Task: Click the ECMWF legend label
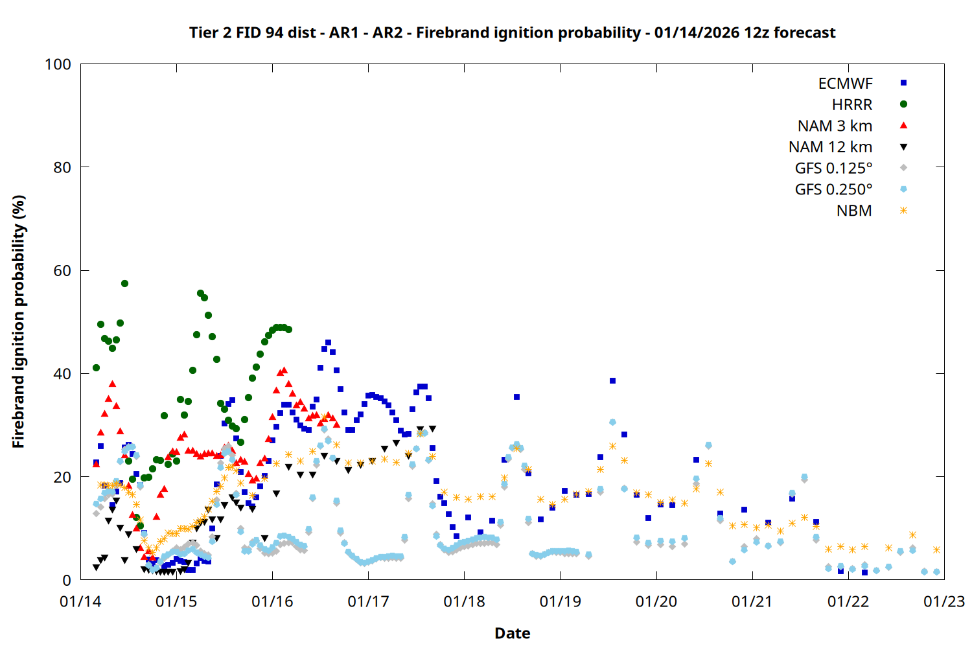pos(845,84)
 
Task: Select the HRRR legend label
pos(852,105)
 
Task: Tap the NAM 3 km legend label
pos(835,126)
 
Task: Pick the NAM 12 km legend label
pos(830,147)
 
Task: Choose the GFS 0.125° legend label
pos(833,168)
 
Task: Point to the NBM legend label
pos(854,211)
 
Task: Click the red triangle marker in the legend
pos(903,125)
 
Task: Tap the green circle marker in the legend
pos(903,104)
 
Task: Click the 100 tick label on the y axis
pos(58,64)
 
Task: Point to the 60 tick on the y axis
pos(62,270)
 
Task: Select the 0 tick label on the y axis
pos(67,580)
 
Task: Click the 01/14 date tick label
pos(80,601)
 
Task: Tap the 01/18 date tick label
pos(464,601)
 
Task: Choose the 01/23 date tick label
pos(943,601)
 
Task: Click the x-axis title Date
pos(512,633)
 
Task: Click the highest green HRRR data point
pos(124,283)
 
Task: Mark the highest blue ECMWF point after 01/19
pos(612,380)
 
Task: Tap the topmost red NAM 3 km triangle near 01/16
pos(284,370)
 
